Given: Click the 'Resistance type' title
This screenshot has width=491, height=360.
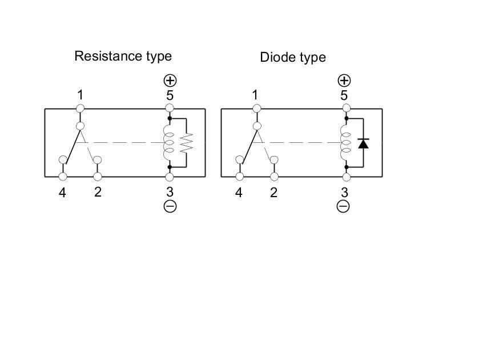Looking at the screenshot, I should pos(123,56).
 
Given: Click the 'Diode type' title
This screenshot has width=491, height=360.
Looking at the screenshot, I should pos(293,57).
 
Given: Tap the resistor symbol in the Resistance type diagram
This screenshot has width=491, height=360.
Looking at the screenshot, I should pos(187,142).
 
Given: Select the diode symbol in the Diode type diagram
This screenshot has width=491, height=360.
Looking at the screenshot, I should pos(363,143).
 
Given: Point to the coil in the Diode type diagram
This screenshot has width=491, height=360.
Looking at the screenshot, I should pos(344,142).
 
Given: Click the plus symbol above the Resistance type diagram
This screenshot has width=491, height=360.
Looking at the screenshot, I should pos(170,80).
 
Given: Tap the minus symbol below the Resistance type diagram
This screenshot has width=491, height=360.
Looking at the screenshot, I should pos(170,206).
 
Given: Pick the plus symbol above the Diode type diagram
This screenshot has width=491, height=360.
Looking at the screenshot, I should pos(344,80).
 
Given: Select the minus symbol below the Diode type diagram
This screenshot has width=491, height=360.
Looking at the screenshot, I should pos(343,206).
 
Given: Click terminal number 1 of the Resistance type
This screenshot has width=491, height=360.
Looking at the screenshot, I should pos(81,95).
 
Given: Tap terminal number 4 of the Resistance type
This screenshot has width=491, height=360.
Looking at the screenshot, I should pos(62,193).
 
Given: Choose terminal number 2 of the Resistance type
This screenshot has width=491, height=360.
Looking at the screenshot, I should pos(98,192).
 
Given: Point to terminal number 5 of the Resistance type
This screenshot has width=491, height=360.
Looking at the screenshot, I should pos(170,95).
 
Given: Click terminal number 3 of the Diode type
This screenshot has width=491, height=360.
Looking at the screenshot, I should pos(344,193).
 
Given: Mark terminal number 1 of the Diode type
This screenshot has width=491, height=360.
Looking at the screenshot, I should pos(255,95).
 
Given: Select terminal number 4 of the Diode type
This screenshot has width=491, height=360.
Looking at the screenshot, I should pos(239,193).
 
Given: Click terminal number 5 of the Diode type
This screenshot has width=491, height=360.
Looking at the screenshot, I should pos(344,95).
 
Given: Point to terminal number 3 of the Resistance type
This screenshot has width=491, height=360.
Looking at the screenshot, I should pos(170,193).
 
